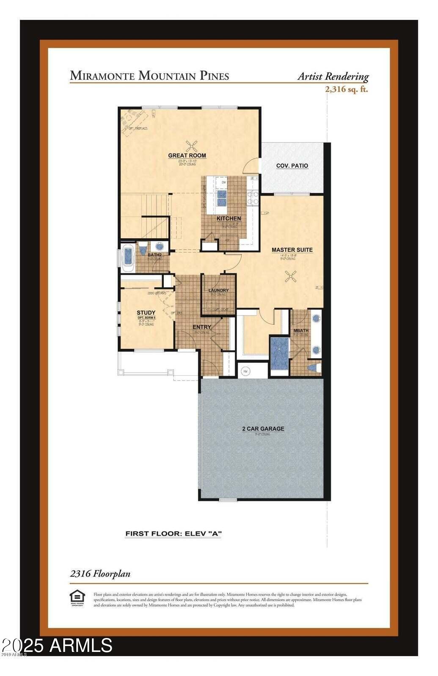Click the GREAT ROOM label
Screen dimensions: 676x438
187,155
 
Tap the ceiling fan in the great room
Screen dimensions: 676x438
193,146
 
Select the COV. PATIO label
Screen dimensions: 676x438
292,166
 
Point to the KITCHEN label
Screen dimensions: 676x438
229,218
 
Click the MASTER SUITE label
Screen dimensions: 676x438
292,250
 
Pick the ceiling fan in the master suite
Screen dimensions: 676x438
291,277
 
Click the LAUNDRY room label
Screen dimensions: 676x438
218,290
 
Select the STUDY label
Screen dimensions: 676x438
146,313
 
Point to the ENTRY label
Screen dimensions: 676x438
202,327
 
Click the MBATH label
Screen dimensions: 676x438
301,330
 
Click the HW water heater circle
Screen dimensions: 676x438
245,371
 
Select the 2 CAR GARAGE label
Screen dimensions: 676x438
263,429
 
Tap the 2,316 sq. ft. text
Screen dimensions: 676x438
346,89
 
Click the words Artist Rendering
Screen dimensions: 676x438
333,76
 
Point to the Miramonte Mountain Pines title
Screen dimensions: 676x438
149,76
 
